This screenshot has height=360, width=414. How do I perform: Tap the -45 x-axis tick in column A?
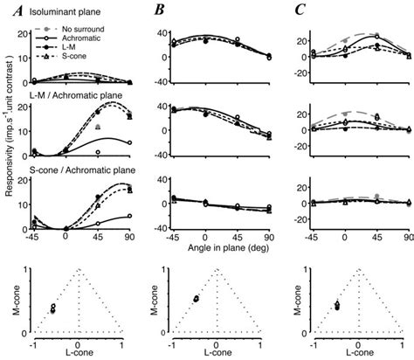32,237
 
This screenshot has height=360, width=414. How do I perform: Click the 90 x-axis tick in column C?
407,237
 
